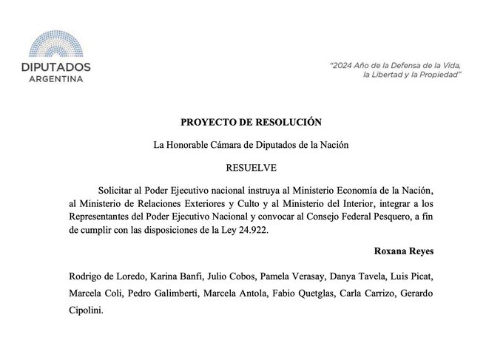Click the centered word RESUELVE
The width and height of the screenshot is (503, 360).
(251, 168)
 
